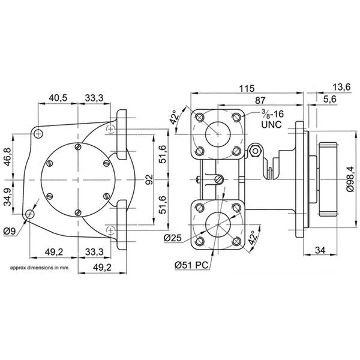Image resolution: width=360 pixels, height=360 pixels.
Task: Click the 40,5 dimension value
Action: [58, 98]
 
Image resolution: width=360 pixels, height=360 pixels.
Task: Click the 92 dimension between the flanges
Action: [149, 179]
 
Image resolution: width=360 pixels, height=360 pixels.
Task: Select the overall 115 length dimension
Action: [244, 88]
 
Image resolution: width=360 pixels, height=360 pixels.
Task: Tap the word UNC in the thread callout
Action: [271, 126]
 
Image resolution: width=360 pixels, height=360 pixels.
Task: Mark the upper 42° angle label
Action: [175, 116]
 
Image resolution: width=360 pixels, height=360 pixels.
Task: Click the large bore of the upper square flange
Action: [217, 133]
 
